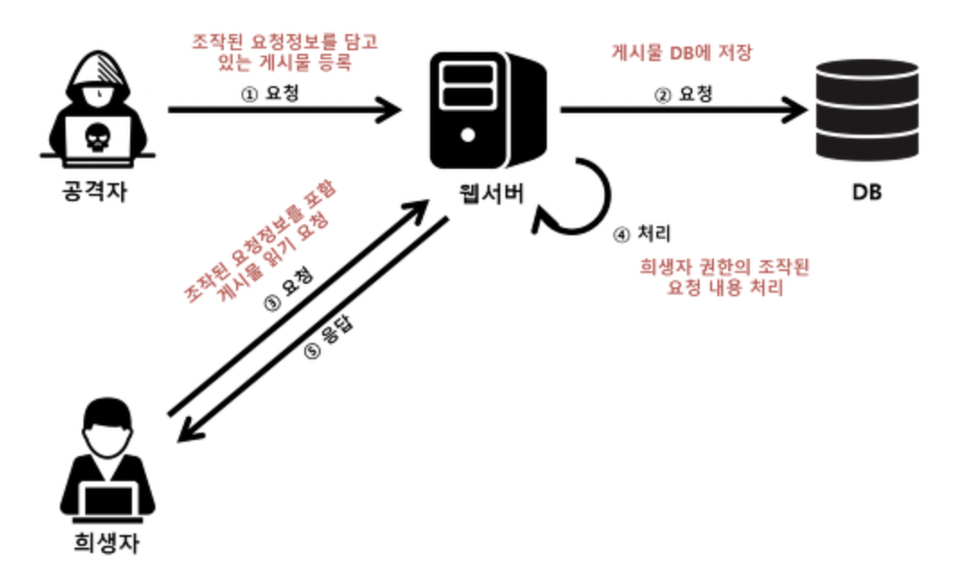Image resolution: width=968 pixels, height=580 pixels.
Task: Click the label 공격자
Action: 97,191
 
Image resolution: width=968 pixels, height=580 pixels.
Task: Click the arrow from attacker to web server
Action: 284,111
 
